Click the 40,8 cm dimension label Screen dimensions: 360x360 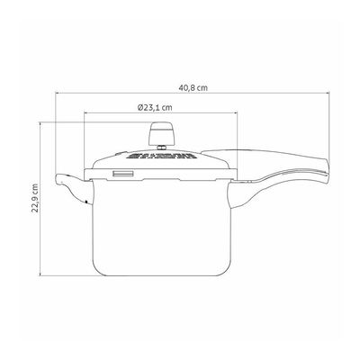(x=193, y=88)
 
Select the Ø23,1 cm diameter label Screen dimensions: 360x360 (x=155, y=107)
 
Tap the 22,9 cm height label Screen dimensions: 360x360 (x=35, y=198)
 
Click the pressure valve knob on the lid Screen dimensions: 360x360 (x=162, y=133)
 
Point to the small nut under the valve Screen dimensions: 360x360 (x=162, y=148)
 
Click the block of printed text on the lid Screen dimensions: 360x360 (x=160, y=156)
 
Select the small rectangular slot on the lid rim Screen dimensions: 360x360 (x=123, y=174)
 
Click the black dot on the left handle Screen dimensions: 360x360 (x=86, y=202)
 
